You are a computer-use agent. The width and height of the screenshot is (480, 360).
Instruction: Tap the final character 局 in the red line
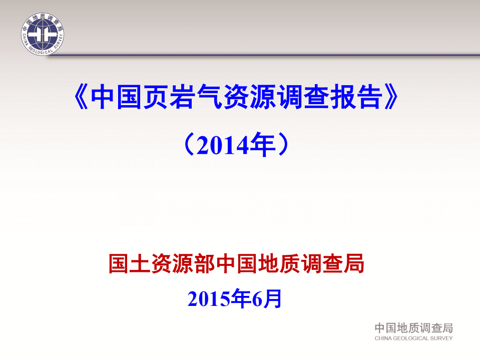tap(354, 264)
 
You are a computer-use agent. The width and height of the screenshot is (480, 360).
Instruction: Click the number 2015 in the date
tap(209, 299)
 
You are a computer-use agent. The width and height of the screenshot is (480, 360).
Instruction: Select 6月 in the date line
tap(267, 299)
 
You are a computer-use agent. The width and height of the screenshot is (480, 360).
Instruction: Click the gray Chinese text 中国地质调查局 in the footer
tap(413, 328)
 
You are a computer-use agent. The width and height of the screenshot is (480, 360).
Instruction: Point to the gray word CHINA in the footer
tap(384, 338)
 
